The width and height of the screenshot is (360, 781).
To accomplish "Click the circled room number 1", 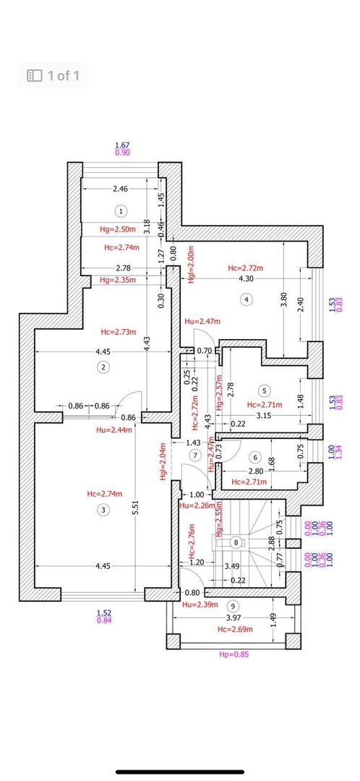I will (121, 210).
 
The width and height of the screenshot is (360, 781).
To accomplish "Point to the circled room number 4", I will (247, 299).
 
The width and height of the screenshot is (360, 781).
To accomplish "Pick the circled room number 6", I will (254, 457).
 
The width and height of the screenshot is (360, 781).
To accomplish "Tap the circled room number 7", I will (194, 455).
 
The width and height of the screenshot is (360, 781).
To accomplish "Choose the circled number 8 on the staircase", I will (235, 542).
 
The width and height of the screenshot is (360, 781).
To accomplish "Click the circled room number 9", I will (232, 605).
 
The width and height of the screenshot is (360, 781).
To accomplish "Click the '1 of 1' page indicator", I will (53, 74).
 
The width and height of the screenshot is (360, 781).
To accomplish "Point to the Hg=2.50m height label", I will (116, 229).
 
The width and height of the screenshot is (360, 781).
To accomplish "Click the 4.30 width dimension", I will (246, 278).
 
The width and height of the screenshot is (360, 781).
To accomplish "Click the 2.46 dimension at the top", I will (120, 189).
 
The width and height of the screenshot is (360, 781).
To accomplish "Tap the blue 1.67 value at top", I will (122, 145).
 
